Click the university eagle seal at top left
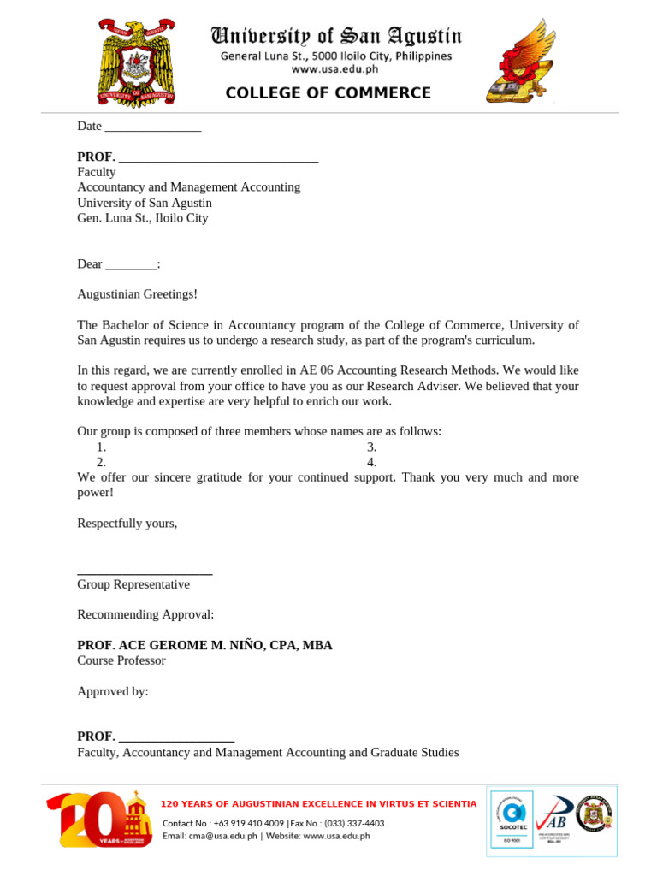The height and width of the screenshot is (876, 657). [x=137, y=62]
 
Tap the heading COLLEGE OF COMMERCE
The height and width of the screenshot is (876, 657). [x=328, y=93]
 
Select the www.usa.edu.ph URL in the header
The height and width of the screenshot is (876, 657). [x=334, y=69]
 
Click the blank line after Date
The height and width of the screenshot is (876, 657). [x=151, y=127]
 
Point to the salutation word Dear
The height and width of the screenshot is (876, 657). [x=90, y=264]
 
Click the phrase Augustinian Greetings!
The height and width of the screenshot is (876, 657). [x=137, y=294]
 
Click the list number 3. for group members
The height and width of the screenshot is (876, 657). [x=371, y=447]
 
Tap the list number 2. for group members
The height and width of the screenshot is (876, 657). [x=101, y=463]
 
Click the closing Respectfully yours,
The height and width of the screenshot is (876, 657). [x=127, y=524]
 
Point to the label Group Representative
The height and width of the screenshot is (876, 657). [x=133, y=584]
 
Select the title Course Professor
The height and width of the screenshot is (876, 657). [x=121, y=660]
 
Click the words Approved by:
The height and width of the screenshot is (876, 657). [x=113, y=691]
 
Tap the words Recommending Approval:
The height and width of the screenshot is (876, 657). [x=145, y=614]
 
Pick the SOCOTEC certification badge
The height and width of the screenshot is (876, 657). [x=512, y=820]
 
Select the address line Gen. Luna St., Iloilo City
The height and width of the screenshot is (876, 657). [x=142, y=218]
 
